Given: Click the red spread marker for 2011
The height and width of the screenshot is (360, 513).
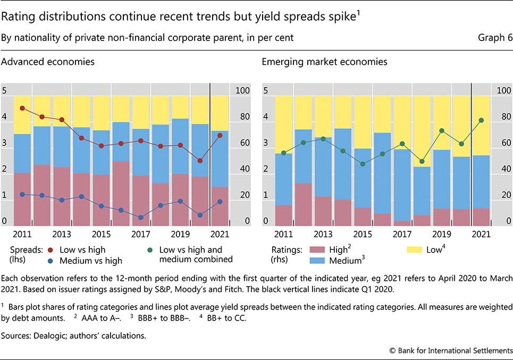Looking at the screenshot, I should (22, 108).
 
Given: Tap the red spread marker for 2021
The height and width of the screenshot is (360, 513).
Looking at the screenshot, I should (220, 135).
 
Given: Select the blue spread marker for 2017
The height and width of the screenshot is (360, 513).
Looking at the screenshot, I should (141, 217).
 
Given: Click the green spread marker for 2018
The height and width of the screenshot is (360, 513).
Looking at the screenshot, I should (422, 161).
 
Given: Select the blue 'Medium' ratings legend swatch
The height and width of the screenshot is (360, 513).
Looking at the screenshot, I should (317, 260).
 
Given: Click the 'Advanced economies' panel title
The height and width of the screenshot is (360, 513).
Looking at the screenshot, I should (48, 62).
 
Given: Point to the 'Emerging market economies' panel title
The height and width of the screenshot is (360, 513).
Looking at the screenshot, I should (324, 62).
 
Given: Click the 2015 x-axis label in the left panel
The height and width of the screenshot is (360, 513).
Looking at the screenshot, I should (101, 235).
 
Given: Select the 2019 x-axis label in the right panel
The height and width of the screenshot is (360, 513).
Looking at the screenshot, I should (441, 235).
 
